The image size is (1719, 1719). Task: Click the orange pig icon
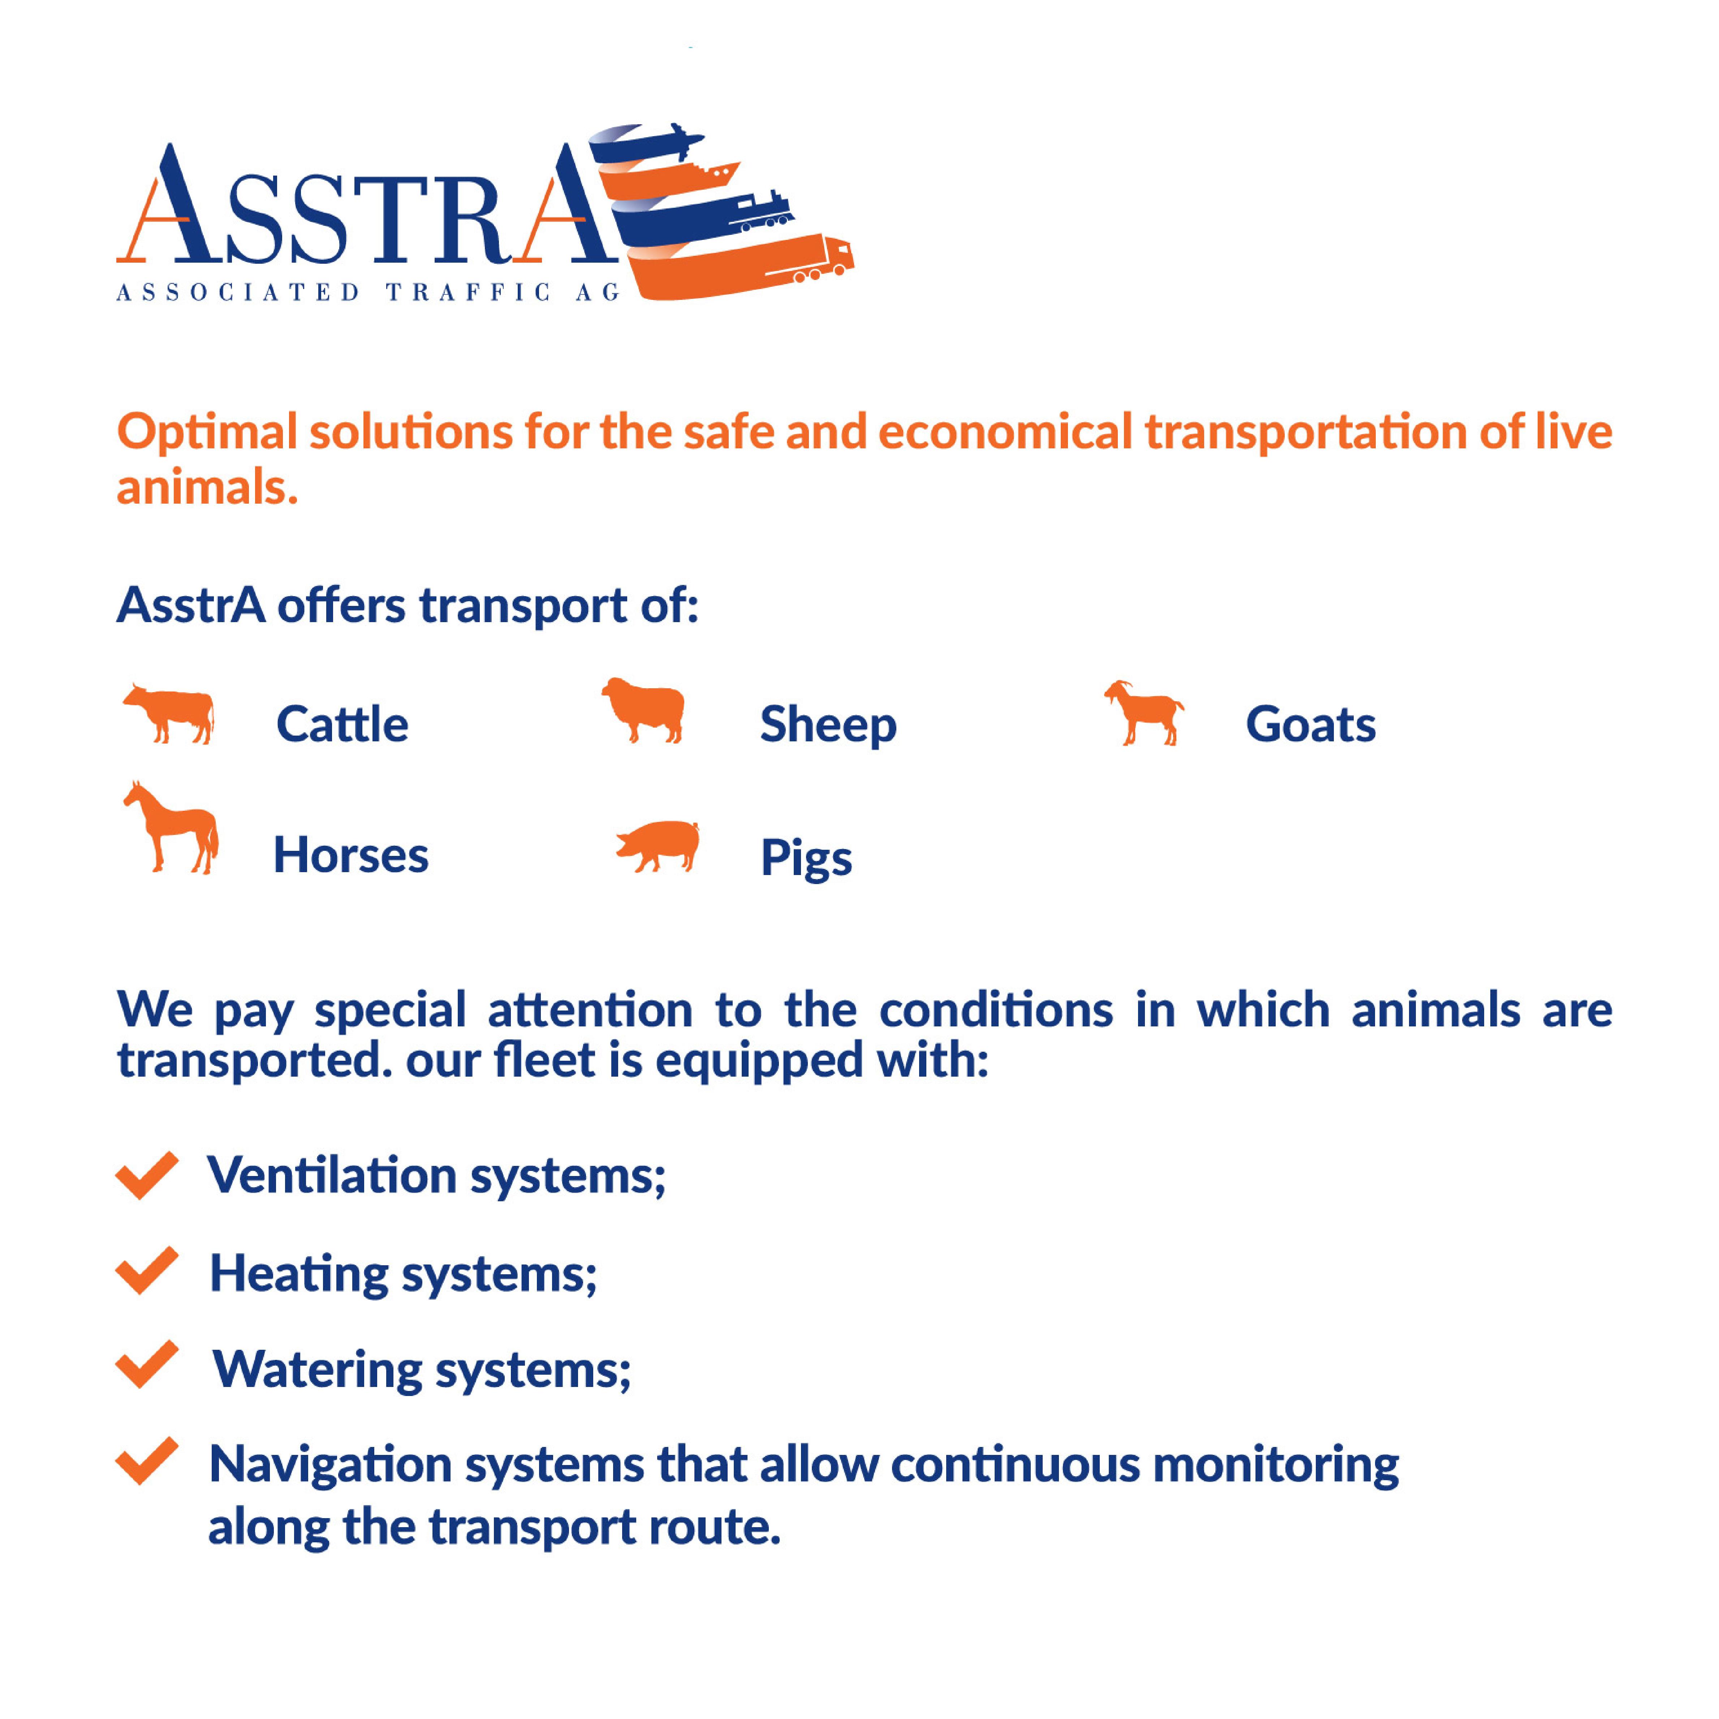(x=658, y=845)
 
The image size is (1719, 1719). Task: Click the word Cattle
(x=342, y=724)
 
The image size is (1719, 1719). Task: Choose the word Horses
(x=350, y=855)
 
